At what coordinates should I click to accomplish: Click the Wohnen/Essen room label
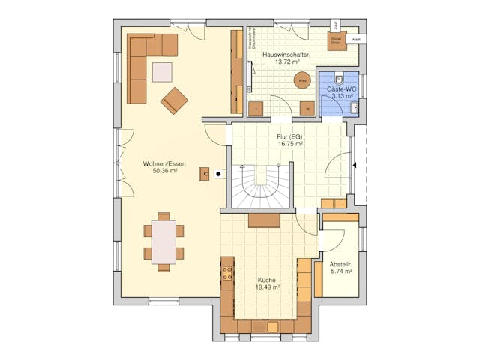pyautogui.click(x=164, y=163)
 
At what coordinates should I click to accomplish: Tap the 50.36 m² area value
pyautogui.click(x=164, y=171)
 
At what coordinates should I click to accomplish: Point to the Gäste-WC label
pyautogui.click(x=342, y=89)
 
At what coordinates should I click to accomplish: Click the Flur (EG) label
pyautogui.click(x=289, y=137)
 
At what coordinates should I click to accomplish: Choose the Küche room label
pyautogui.click(x=268, y=279)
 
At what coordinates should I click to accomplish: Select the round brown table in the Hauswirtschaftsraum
pyautogui.click(x=303, y=80)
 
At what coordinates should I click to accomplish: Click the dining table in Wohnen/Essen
pyautogui.click(x=163, y=241)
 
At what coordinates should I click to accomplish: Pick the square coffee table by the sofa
pyautogui.click(x=162, y=71)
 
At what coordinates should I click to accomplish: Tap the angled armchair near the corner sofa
pyautogui.click(x=174, y=100)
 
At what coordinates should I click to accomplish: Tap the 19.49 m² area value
pyautogui.click(x=268, y=286)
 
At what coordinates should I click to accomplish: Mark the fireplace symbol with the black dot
pyautogui.click(x=218, y=174)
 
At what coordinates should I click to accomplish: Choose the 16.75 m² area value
pyautogui.click(x=289, y=145)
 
